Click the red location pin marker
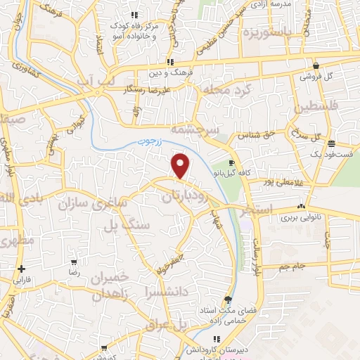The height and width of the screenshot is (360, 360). click(x=181, y=166)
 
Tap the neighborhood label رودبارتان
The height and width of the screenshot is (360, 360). click(x=186, y=198)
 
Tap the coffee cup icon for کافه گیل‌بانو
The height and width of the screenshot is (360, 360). click(x=231, y=162)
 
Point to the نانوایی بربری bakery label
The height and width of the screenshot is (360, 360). click(x=302, y=218)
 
